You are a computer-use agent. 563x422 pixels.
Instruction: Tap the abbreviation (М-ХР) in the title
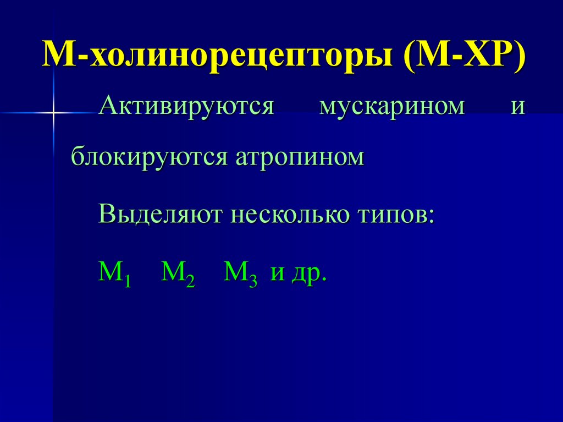[x=465, y=57]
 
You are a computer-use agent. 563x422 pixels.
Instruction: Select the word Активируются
[x=186, y=106]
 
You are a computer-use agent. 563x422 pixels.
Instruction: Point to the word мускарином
[x=392, y=106]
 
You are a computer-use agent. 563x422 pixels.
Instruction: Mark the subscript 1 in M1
[x=127, y=282]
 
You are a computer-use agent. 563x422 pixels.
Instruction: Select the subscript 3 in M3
[x=253, y=282]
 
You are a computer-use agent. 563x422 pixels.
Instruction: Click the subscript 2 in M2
[x=190, y=282]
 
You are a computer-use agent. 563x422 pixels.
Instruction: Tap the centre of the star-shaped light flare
[x=54, y=113]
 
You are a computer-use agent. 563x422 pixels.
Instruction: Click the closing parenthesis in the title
[x=519, y=57]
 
